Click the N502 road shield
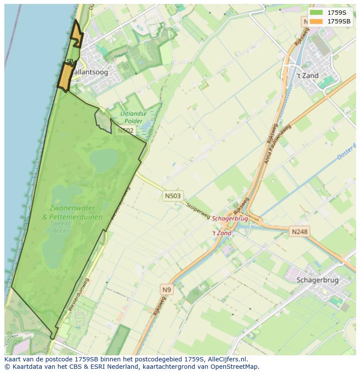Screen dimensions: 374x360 click(x=125, y=130)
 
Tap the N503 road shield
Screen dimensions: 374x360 click(x=173, y=196)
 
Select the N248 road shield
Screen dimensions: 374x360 click(x=299, y=232)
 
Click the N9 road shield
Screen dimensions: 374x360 click(x=167, y=290)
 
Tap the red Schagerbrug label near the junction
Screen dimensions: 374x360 click(x=230, y=219)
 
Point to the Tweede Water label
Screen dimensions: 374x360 click(x=60, y=227)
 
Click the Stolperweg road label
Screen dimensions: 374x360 click(x=198, y=210)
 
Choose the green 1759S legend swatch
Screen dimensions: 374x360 click(x=316, y=13)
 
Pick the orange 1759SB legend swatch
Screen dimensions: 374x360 click(x=316, y=21)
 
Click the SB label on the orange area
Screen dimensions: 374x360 click(x=70, y=61)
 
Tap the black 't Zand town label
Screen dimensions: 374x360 click(x=307, y=76)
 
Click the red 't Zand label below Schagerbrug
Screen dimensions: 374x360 click(x=222, y=233)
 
